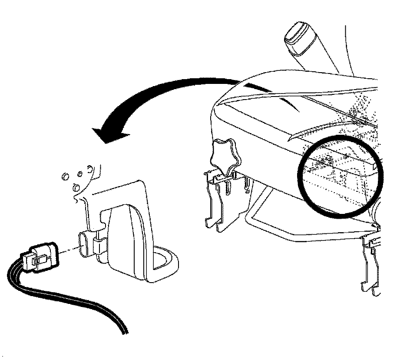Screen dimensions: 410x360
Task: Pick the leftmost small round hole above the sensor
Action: (x=64, y=176)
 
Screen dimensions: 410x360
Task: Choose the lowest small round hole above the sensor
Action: (x=75, y=188)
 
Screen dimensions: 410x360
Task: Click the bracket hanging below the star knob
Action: (x=217, y=200)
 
